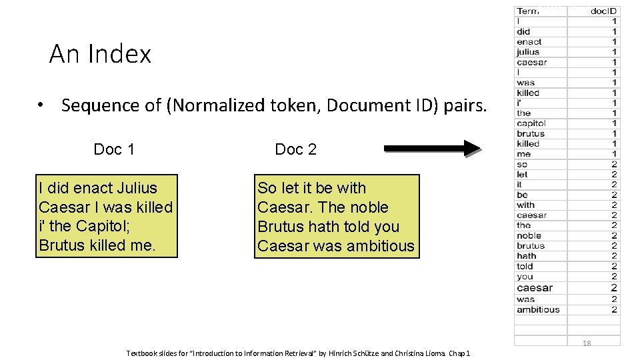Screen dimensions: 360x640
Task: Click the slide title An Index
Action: coord(100,54)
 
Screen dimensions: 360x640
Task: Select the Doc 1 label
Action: coord(114,149)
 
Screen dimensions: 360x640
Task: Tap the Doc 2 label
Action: coord(295,149)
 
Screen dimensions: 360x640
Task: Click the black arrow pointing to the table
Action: coord(433,149)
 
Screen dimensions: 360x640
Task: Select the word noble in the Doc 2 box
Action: coord(363,207)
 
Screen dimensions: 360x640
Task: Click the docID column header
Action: coord(603,11)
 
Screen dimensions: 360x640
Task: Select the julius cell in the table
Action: coord(528,52)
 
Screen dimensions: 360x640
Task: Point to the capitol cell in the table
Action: coord(531,123)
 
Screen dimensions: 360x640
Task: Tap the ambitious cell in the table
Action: coord(538,309)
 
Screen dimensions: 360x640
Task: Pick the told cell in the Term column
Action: coord(525,266)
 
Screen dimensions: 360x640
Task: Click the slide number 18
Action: coord(587,343)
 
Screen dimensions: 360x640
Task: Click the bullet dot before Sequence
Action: coord(41,105)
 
